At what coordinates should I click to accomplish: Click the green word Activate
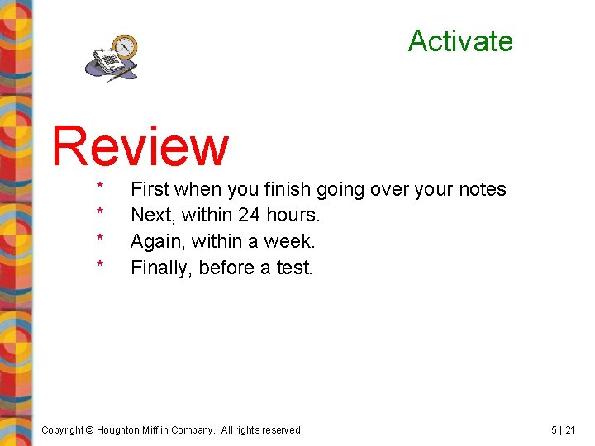point(460,40)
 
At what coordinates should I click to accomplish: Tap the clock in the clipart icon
point(126,48)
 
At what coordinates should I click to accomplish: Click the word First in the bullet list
point(150,189)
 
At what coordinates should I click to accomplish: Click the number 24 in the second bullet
point(250,216)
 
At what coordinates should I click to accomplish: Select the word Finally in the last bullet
point(162,268)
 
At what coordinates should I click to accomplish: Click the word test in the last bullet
point(294,268)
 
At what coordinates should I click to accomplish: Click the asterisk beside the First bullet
point(100,187)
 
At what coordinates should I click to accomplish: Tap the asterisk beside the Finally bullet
point(100,266)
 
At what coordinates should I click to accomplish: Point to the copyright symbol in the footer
point(91,430)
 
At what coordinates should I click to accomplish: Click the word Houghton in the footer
point(122,430)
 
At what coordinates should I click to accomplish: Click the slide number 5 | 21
point(563,430)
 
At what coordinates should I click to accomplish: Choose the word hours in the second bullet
point(293,216)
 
